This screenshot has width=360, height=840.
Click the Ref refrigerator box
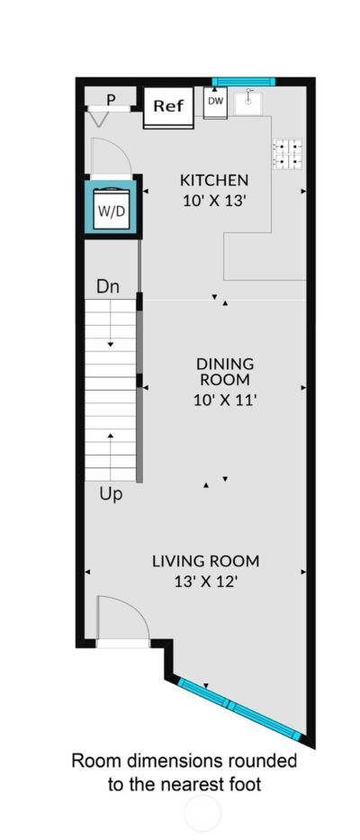[x=169, y=108]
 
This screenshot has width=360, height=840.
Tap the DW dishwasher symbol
[x=215, y=103]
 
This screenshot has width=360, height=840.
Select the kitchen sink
[x=248, y=102]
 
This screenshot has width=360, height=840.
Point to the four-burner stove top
[x=288, y=154]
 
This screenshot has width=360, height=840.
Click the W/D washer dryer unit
[x=112, y=209]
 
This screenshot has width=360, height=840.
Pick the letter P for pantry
[x=112, y=99]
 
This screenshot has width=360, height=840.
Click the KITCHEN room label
[x=214, y=180]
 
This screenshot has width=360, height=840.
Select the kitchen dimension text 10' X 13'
[x=214, y=202]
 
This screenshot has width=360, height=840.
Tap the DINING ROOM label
[x=224, y=372]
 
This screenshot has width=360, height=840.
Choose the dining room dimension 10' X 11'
[x=223, y=400]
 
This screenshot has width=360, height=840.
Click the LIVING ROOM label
[x=206, y=562]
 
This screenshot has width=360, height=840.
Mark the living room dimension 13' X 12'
[x=206, y=582]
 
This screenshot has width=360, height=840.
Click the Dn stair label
[x=108, y=286]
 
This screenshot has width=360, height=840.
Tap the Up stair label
[x=111, y=494]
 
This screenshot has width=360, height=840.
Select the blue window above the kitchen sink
[x=243, y=82]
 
